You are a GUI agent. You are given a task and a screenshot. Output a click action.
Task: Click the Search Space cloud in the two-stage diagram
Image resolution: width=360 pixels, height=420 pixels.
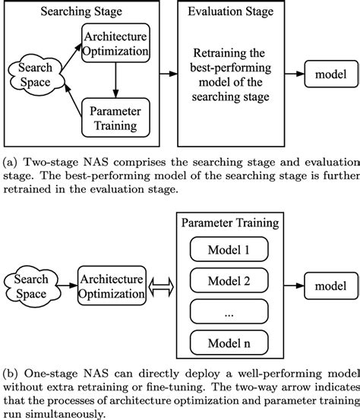tap(30, 75)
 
